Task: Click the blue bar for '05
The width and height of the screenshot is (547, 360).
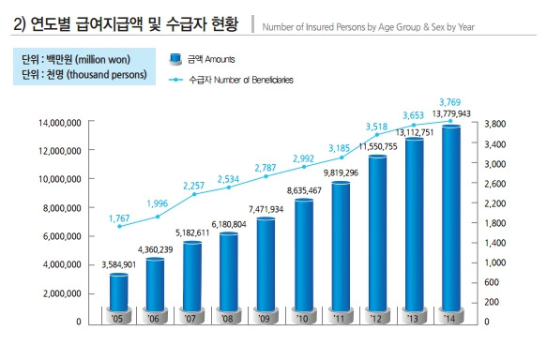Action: [119, 292]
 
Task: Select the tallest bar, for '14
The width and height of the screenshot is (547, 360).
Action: [451, 217]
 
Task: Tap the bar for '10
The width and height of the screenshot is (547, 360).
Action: [304, 255]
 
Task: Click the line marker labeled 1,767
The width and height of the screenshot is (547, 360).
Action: [120, 226]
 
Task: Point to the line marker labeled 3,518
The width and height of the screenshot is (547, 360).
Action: [377, 134]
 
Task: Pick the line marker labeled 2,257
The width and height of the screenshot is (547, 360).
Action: [194, 194]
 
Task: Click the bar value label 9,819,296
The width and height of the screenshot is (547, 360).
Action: [341, 172]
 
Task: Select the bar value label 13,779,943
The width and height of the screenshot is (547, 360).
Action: [451, 114]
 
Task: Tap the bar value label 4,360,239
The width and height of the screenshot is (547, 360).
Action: [155, 249]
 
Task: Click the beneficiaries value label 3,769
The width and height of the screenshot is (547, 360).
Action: [449, 102]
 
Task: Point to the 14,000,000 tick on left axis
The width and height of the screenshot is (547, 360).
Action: [60, 123]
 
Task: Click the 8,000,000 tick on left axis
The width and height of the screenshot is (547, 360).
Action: [62, 208]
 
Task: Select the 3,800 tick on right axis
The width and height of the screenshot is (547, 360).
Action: [495, 124]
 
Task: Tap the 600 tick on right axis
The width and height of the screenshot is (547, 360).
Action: [492, 282]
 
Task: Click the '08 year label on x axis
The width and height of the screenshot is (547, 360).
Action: [227, 319]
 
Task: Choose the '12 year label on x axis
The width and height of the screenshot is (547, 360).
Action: [375, 319]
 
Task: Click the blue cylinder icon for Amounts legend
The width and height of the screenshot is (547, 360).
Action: [175, 59]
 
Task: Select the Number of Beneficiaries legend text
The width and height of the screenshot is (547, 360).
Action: [253, 80]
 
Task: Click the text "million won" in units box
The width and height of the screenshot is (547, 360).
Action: [102, 60]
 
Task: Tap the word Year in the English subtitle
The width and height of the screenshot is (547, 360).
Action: [466, 27]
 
